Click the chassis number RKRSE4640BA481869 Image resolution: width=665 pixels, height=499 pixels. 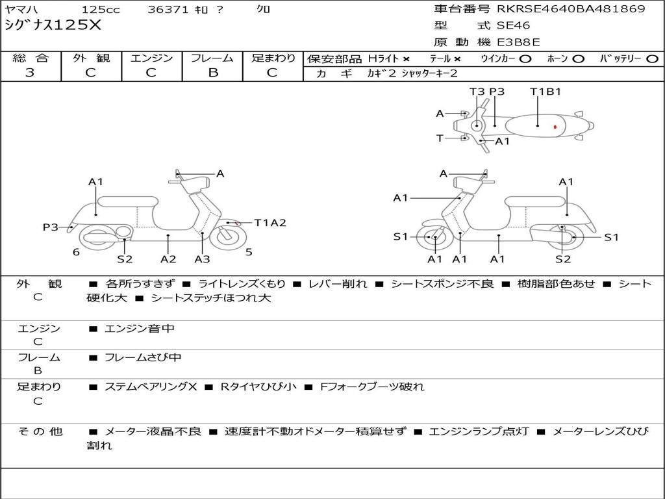(x=571, y=9)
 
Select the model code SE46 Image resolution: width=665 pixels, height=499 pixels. (x=513, y=26)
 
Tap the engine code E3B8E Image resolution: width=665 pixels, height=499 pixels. (x=518, y=43)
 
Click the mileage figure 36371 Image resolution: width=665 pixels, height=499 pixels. (x=168, y=10)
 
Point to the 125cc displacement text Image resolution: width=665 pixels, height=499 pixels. (x=100, y=10)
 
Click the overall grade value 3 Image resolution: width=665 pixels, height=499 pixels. (x=31, y=73)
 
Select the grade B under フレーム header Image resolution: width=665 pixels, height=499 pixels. (x=212, y=73)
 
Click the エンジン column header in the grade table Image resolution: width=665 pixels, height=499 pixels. (x=151, y=58)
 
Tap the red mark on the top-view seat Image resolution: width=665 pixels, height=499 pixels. (x=555, y=127)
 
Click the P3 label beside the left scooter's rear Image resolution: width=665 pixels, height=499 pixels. (x=51, y=227)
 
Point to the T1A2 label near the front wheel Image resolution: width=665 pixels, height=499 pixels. (x=270, y=223)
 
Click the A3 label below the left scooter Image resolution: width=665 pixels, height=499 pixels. (x=203, y=259)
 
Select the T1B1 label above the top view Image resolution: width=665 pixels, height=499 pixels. (x=546, y=92)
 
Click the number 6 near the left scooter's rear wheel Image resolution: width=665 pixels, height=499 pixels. (x=76, y=252)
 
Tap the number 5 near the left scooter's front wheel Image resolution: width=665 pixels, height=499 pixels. (x=249, y=252)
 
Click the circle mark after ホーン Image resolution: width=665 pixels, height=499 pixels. (x=578, y=59)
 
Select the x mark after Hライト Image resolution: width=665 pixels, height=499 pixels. (x=406, y=59)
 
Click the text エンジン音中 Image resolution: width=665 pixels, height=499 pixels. (x=140, y=329)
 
